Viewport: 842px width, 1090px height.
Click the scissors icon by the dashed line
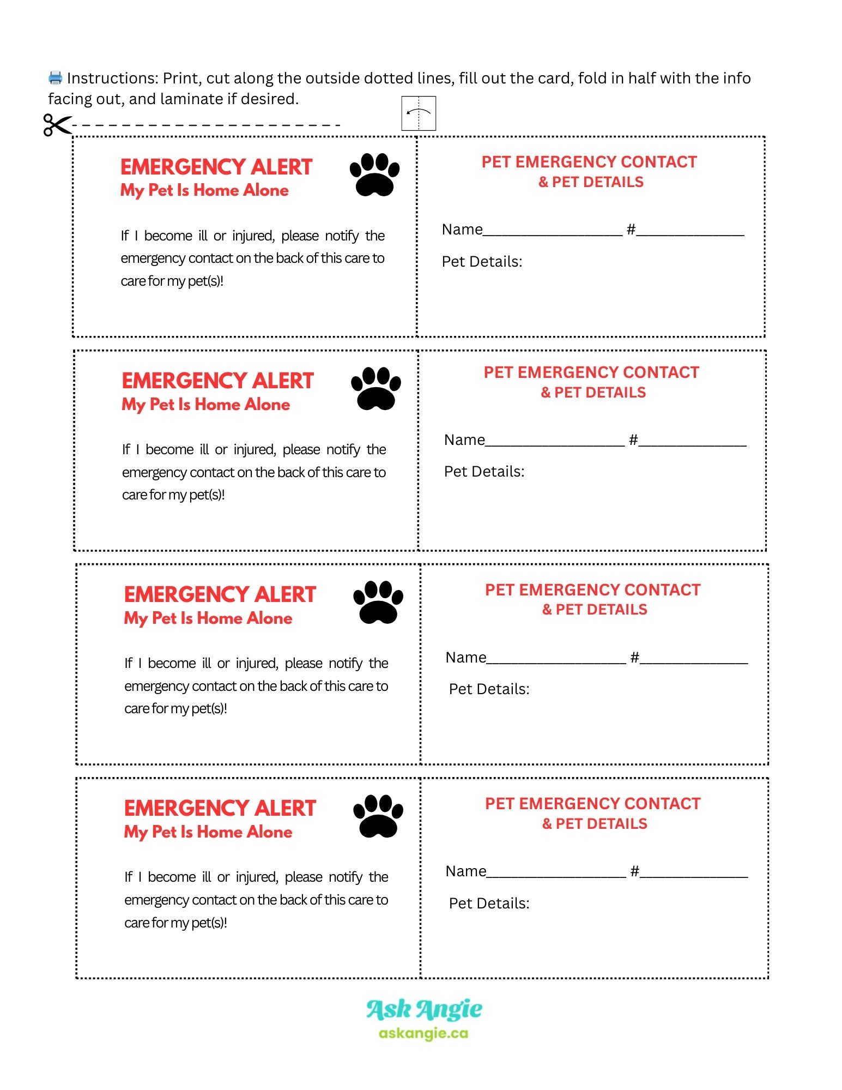pos(57,125)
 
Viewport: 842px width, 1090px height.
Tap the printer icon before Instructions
pos(56,78)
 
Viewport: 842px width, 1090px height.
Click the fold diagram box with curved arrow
pos(419,113)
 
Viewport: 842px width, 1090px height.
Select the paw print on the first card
pos(374,174)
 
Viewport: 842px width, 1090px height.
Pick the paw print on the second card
pos(376,388)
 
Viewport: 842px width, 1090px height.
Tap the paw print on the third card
pos(378,602)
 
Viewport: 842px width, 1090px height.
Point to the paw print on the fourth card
pos(378,816)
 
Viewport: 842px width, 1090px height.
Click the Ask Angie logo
pos(424,1010)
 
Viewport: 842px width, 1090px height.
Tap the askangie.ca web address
pos(423,1033)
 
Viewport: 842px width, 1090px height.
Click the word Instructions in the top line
pos(112,79)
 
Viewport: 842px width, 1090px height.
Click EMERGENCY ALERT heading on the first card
pos(216,167)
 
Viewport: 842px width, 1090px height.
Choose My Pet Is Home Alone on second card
pos(205,405)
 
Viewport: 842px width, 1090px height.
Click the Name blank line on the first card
pos(552,233)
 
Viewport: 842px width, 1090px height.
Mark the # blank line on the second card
pos(692,444)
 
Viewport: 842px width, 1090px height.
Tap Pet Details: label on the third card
pos(489,689)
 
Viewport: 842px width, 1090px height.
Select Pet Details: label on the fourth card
pos(489,904)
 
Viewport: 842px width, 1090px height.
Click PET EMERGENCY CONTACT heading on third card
pos(592,590)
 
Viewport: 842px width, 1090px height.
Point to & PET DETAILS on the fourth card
pos(595,824)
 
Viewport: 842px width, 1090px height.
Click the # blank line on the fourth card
pos(694,875)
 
